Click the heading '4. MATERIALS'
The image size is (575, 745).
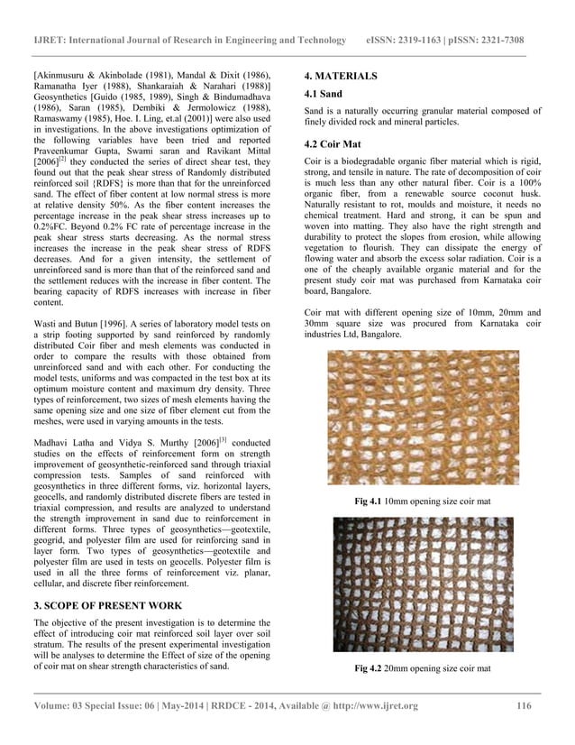[341, 76]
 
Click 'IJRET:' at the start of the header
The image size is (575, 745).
[52, 41]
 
